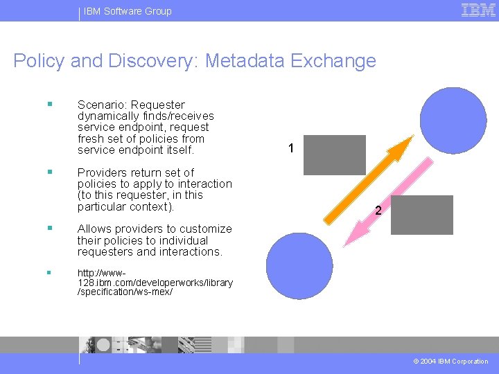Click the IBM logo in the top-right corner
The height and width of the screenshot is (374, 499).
tap(478, 10)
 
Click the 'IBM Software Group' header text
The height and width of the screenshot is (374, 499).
tap(128, 11)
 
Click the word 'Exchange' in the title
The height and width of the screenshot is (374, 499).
tap(333, 61)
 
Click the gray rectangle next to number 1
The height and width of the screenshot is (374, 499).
tap(335, 155)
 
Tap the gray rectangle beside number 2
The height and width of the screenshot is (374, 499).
tap(426, 215)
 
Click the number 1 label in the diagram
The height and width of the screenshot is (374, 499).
tap(291, 148)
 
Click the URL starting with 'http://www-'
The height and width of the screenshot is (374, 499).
tap(155, 283)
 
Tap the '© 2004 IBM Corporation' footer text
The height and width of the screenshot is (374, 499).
tap(451, 361)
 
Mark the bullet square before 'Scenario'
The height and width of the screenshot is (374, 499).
tap(49, 104)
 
